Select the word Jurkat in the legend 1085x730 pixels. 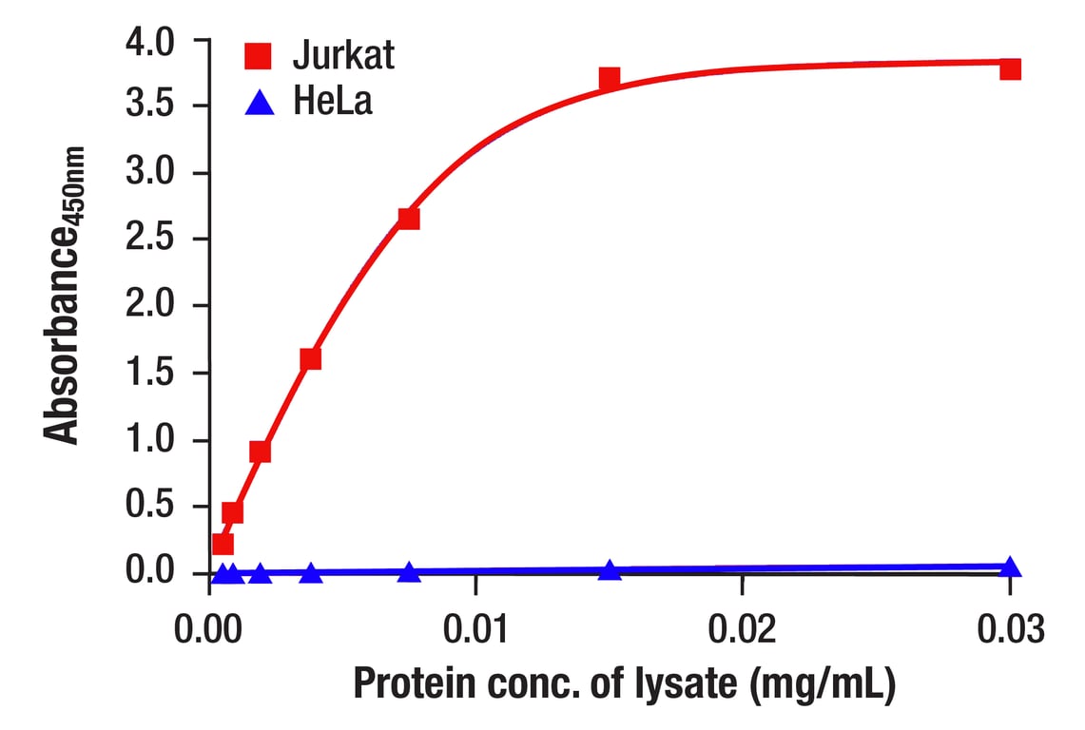pos(342,56)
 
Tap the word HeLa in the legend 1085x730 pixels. pos(333,102)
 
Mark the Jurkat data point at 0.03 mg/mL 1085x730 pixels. pos(1010,68)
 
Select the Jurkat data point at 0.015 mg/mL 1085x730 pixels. pos(610,78)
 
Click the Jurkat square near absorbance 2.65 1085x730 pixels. pos(409,219)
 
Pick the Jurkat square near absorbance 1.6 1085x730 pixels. pos(310,358)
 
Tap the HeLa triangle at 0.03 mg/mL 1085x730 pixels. pos(1010,567)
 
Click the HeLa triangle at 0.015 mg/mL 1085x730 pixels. pos(610,570)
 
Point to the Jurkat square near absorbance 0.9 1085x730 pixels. pos(260,451)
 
